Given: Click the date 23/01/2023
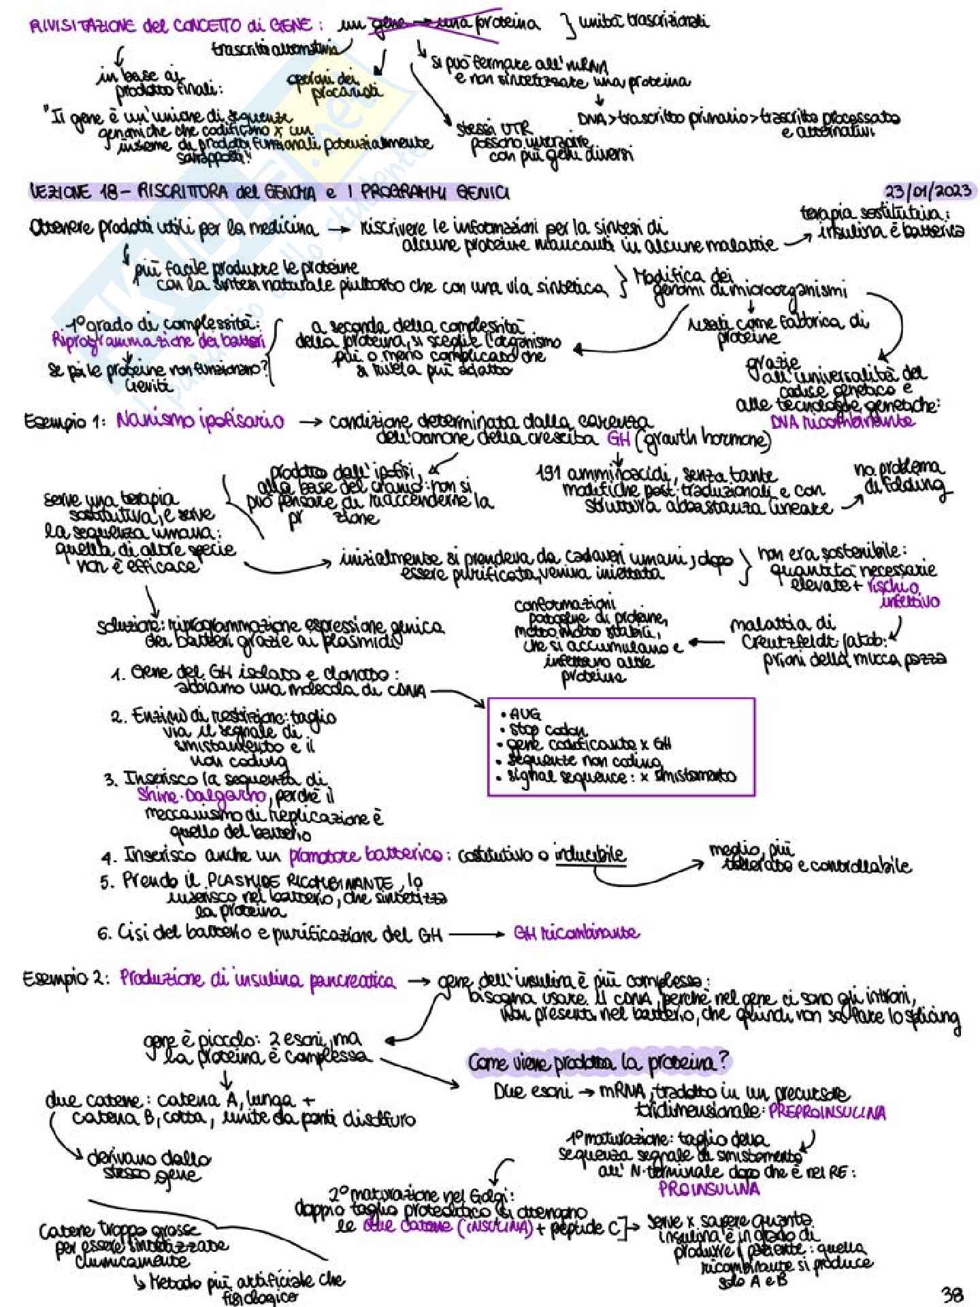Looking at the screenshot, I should point(929,190).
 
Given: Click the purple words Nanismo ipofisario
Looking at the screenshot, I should point(200,420).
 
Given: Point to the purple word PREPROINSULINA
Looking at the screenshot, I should point(828,1112).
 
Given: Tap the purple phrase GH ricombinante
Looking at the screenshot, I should point(576,933).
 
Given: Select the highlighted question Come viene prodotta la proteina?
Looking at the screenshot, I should point(599,1062).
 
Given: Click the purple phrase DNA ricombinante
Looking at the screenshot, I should point(843,421).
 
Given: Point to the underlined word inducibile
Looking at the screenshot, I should point(589,854).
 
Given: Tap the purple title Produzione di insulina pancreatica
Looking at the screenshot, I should point(257,980).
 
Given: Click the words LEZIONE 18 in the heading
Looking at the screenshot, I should point(74,193).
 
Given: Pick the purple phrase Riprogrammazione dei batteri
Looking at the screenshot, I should point(158,340).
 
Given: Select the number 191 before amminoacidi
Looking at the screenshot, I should point(549,474).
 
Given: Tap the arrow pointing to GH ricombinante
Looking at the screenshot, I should point(476,934).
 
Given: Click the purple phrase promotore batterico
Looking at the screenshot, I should point(365,855).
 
